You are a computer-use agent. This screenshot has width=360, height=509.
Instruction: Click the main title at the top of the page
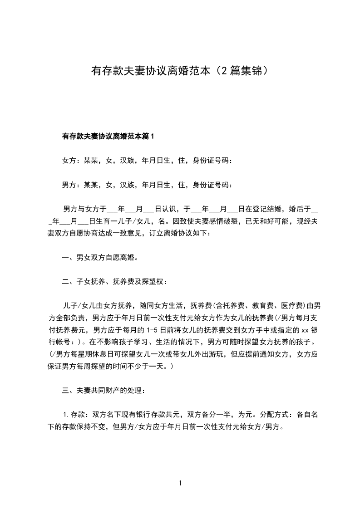coord(180,71)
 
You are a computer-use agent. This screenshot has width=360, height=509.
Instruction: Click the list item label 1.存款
coord(75,415)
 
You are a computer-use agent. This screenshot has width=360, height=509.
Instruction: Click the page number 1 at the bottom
coord(180,484)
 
